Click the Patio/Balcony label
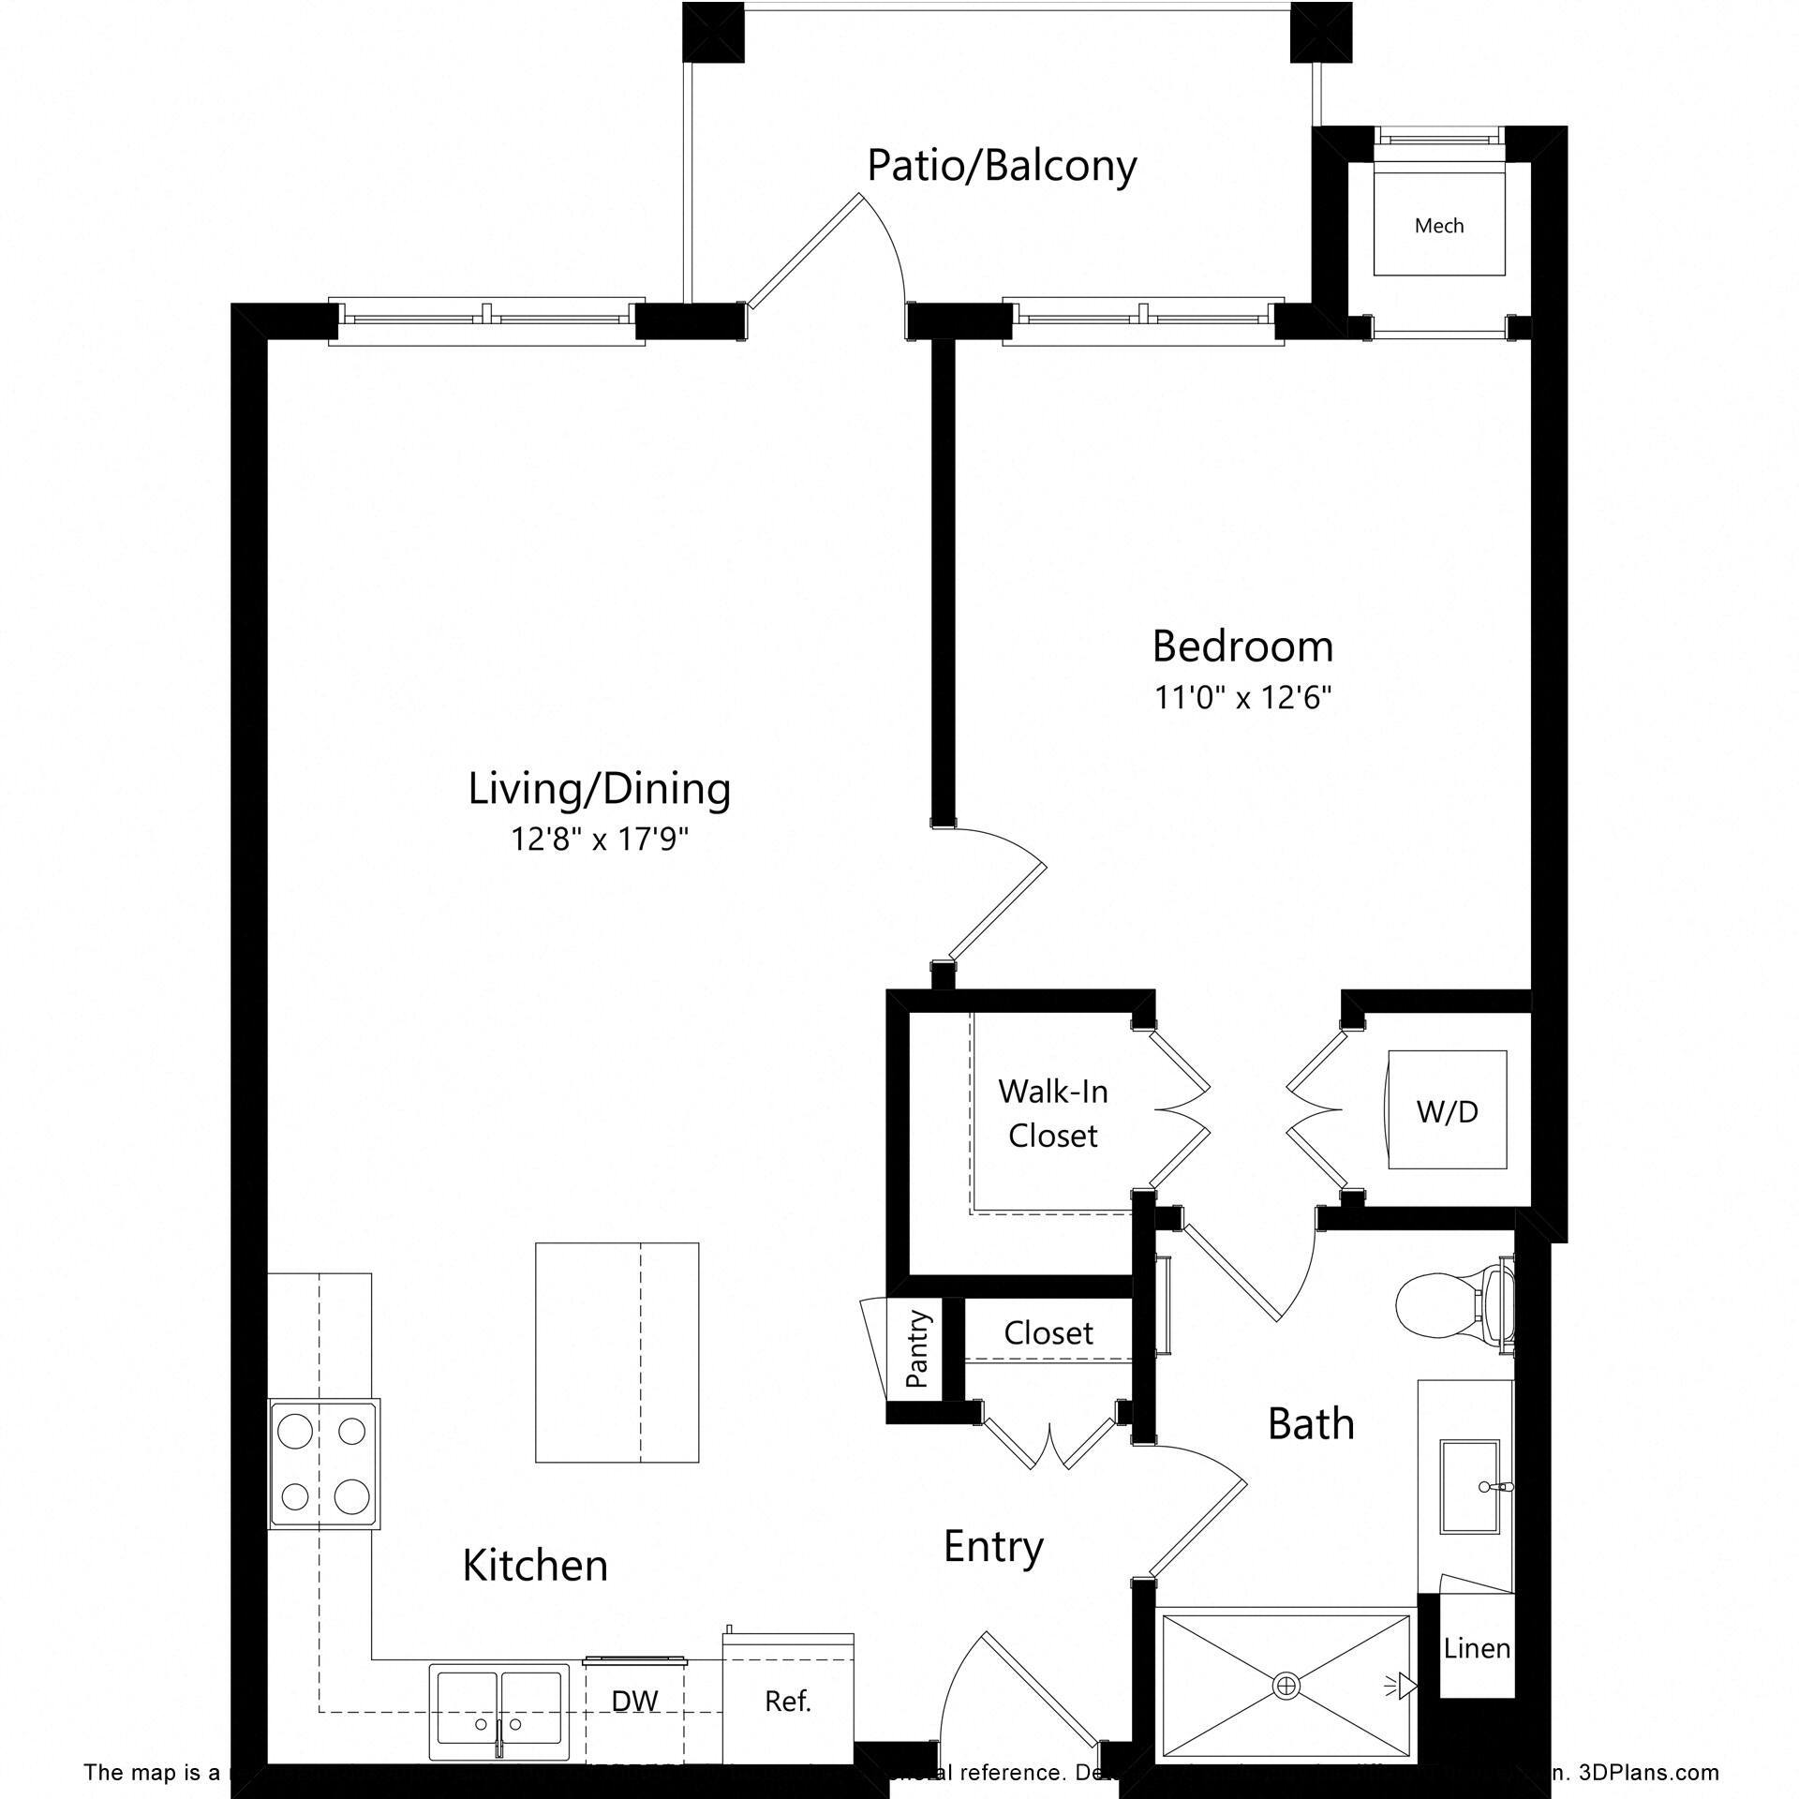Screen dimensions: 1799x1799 tap(1001, 166)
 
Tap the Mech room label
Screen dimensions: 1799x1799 tap(1438, 226)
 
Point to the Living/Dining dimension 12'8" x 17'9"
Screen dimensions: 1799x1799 tap(600, 840)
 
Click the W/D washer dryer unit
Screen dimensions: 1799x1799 tap(1447, 1111)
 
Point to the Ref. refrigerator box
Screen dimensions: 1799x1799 tap(787, 1702)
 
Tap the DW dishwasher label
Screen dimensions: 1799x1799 tap(634, 1701)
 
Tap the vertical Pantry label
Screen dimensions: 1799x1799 tap(916, 1348)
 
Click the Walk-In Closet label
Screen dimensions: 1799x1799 tap(1052, 1113)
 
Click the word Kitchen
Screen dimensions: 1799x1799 tap(535, 1566)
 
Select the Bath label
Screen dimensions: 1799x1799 tap(1310, 1424)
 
